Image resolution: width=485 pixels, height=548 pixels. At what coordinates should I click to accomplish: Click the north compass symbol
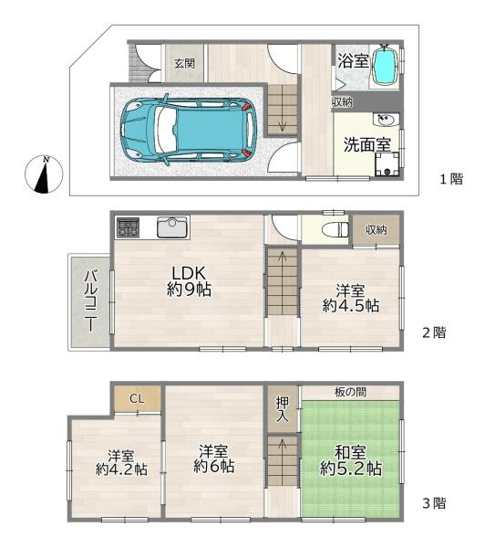click(44, 174)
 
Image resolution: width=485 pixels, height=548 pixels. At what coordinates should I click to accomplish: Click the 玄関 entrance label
click(184, 64)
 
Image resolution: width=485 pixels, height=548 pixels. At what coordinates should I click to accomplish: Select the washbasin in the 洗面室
click(387, 120)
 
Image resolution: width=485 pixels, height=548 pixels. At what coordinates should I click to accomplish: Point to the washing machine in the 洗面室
click(387, 164)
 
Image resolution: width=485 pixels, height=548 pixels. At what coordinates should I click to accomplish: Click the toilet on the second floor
click(335, 230)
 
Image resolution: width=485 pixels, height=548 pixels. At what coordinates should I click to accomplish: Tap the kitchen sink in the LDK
click(172, 227)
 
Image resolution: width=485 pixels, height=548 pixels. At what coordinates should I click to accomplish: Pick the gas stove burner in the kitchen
click(128, 227)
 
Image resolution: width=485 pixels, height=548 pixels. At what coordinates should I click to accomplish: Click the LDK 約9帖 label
click(189, 281)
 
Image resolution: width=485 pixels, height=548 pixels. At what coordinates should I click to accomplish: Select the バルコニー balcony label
click(90, 300)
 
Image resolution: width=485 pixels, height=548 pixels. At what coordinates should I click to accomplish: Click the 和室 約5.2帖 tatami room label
click(351, 460)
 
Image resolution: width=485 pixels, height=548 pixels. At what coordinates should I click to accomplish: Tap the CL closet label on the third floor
click(137, 398)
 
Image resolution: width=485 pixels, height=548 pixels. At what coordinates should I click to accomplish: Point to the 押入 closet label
click(283, 409)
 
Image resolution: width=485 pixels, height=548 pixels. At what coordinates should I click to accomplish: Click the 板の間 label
click(350, 392)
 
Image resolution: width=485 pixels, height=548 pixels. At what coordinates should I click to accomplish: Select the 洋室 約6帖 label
click(213, 458)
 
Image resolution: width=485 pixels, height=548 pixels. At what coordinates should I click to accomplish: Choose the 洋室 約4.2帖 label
click(121, 462)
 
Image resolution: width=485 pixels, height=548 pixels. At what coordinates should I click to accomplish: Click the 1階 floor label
click(451, 179)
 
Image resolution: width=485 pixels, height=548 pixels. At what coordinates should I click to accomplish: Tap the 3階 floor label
click(435, 503)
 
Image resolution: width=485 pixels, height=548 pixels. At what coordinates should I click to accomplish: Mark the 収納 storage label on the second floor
click(376, 230)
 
